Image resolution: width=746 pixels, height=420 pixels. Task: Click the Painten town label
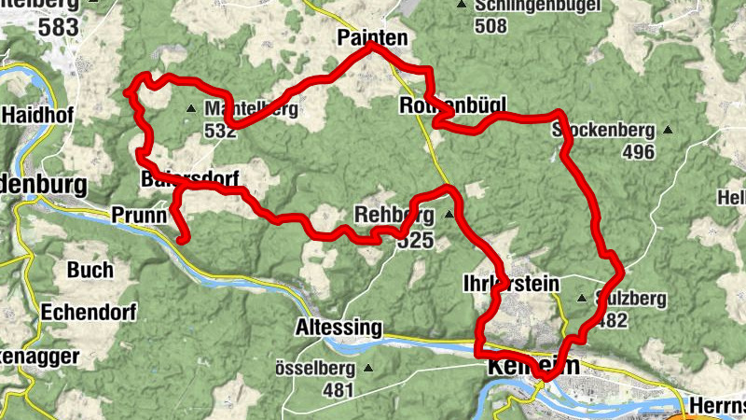(370, 36)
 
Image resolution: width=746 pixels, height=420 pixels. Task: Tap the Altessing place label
(338, 329)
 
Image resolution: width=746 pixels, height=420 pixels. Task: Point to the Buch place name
(90, 271)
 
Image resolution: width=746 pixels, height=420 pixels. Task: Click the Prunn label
(138, 215)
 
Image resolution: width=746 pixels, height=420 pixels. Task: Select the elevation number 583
(58, 28)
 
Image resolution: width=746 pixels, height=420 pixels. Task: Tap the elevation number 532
(219, 132)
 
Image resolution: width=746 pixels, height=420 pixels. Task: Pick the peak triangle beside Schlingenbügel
(461, 5)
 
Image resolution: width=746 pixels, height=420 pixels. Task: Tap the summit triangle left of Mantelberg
(191, 108)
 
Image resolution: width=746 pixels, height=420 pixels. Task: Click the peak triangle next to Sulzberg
(582, 299)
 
